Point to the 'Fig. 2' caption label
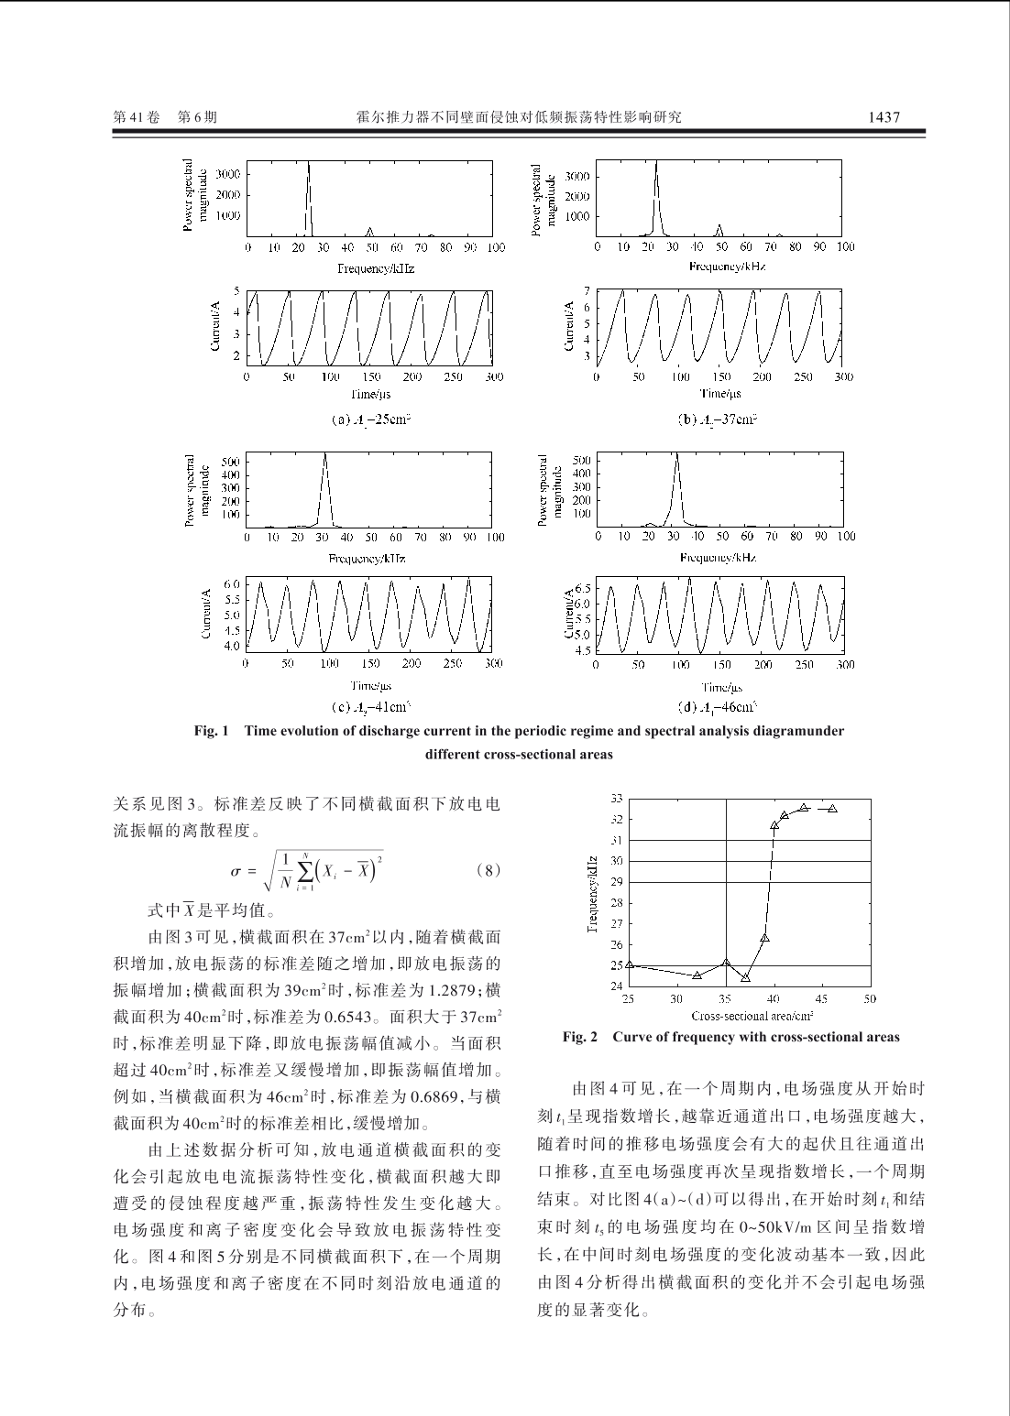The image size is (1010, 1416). point(580,1037)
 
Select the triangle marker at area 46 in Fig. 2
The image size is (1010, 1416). point(832,808)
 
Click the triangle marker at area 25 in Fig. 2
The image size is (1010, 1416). point(629,964)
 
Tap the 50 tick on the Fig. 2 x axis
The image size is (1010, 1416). point(870,998)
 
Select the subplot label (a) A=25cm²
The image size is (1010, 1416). point(369,419)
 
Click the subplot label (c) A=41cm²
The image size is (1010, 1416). point(369,706)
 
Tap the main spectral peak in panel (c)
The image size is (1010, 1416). point(324,455)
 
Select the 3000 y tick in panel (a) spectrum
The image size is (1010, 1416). point(228,174)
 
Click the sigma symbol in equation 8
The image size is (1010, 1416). point(236,872)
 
